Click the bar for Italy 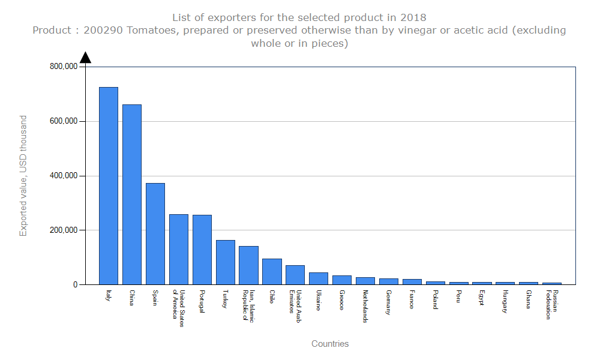click(x=109, y=186)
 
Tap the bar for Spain click(x=155, y=234)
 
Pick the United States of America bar click(x=179, y=250)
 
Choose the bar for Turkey click(x=226, y=262)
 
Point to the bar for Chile click(x=272, y=272)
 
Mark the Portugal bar click(x=202, y=250)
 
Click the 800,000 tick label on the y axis click(x=63, y=67)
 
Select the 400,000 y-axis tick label click(x=63, y=176)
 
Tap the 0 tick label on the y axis click(x=76, y=285)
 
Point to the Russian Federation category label click(x=552, y=305)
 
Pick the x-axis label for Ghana click(x=529, y=299)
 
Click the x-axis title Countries click(x=330, y=344)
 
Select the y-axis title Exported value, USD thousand click(x=23, y=176)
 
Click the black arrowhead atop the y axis click(x=85, y=58)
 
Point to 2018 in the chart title click(x=414, y=17)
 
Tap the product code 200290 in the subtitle click(x=103, y=30)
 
